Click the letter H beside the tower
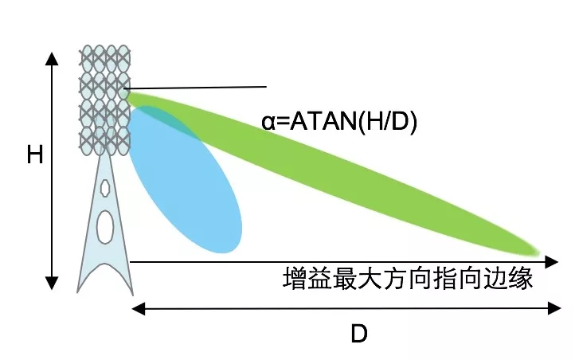pyautogui.click(x=35, y=155)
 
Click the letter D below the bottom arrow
pyautogui.click(x=359, y=334)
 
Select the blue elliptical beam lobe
pyautogui.click(x=186, y=180)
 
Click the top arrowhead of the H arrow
pyautogui.click(x=52, y=59)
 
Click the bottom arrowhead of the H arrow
pyautogui.click(x=52, y=284)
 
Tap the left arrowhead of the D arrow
pyautogui.click(x=138, y=309)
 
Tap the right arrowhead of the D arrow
pyautogui.click(x=554, y=309)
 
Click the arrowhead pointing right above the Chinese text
pyautogui.click(x=552, y=262)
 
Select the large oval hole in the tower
pyautogui.click(x=105, y=226)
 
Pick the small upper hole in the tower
pyautogui.click(x=105, y=188)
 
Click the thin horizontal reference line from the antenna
pyautogui.click(x=195, y=88)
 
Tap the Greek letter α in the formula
pyautogui.click(x=268, y=122)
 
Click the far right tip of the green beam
pyautogui.click(x=540, y=252)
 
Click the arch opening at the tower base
pyautogui.click(x=105, y=279)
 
